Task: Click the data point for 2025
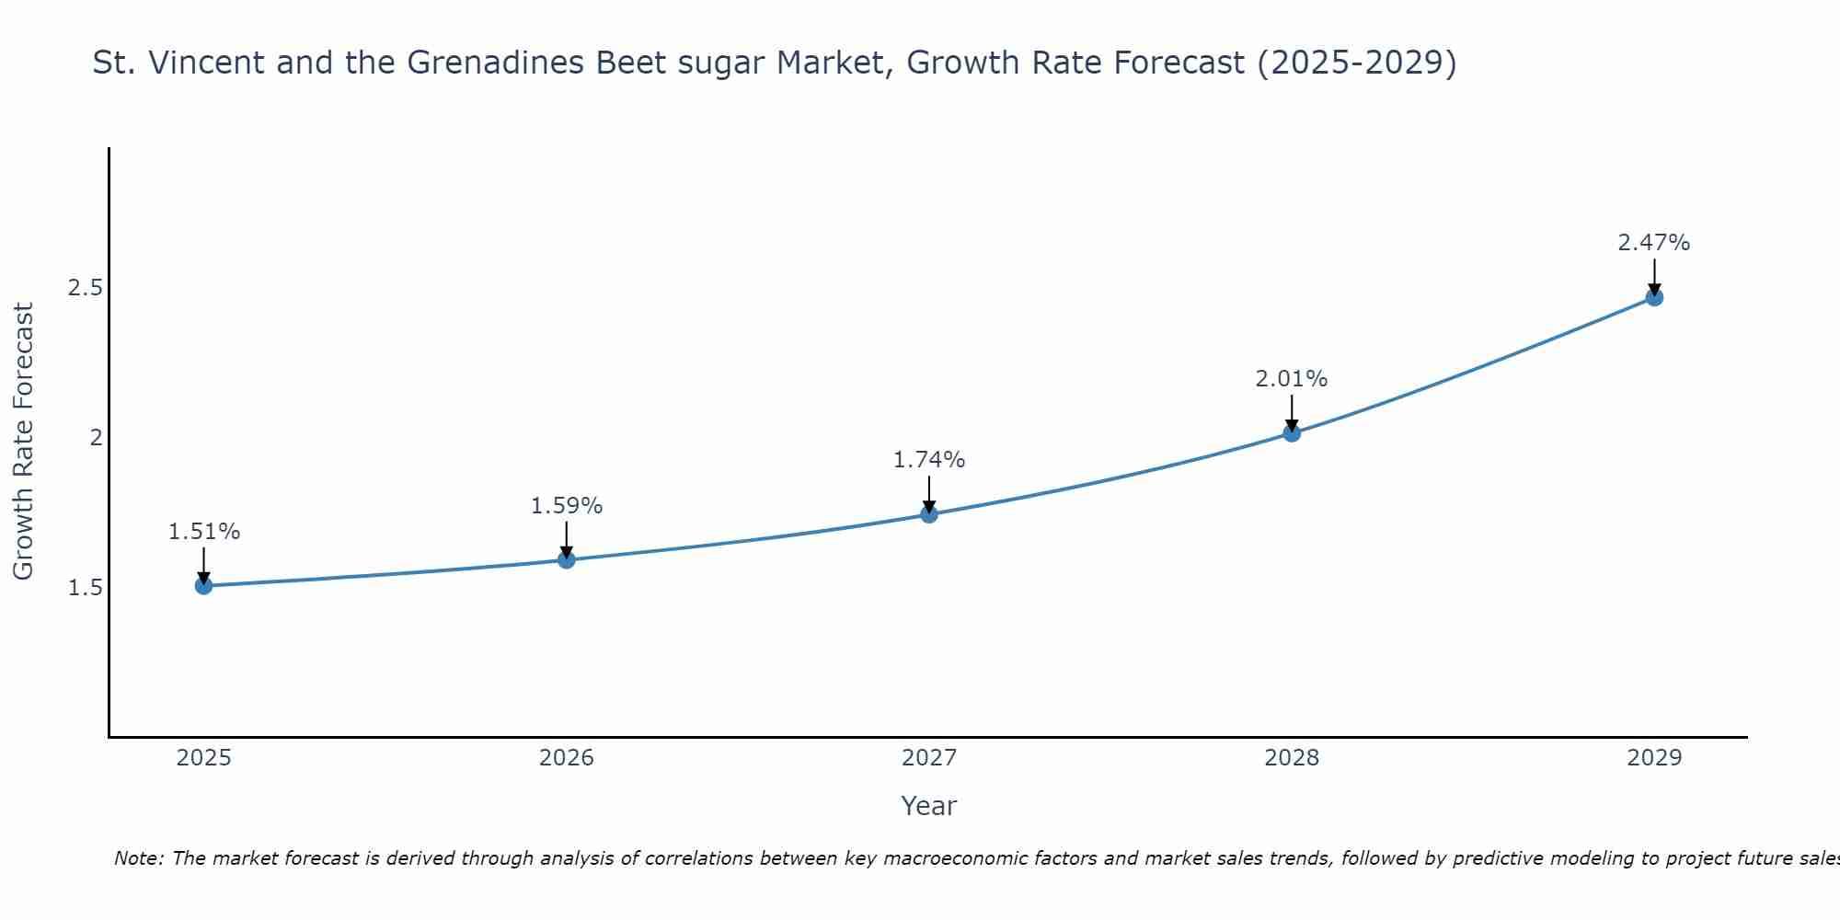click(x=204, y=585)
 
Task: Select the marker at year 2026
click(x=567, y=559)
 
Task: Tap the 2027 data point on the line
click(x=929, y=513)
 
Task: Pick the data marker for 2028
click(x=1292, y=432)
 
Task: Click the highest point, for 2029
click(x=1654, y=297)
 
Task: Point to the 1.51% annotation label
click(x=204, y=532)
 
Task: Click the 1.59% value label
click(x=567, y=506)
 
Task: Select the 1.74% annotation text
click(x=929, y=460)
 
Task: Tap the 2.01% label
click(x=1292, y=379)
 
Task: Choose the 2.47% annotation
click(x=1654, y=243)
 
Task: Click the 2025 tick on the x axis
click(x=204, y=758)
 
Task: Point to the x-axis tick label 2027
click(x=929, y=758)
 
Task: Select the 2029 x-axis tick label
click(x=1654, y=758)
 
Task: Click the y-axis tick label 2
click(x=96, y=438)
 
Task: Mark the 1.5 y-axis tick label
click(x=85, y=587)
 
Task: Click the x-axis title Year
click(x=929, y=806)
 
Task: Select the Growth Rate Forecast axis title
click(x=24, y=442)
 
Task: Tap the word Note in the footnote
click(x=138, y=858)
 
